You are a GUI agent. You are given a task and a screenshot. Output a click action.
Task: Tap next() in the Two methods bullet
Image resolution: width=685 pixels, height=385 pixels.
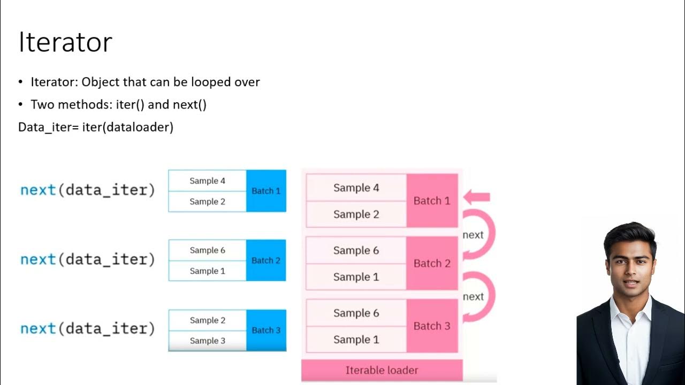click(x=189, y=104)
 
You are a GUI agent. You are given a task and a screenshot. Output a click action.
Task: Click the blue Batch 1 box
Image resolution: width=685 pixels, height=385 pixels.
click(x=266, y=191)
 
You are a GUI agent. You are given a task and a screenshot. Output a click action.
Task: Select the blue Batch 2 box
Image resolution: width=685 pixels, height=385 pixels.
click(x=266, y=260)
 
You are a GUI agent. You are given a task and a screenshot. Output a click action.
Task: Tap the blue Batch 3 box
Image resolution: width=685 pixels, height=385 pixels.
click(x=266, y=330)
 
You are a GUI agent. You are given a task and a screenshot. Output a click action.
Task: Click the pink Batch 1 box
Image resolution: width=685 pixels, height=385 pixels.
click(x=432, y=201)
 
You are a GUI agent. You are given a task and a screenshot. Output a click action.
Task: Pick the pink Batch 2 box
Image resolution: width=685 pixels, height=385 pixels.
click(x=432, y=264)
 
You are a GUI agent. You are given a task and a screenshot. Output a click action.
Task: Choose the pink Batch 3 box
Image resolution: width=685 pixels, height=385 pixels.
click(x=432, y=326)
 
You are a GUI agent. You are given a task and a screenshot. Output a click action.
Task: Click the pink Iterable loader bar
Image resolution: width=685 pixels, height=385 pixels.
click(x=382, y=370)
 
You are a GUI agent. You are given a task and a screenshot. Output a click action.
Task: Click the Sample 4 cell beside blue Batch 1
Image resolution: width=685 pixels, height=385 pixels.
click(x=207, y=181)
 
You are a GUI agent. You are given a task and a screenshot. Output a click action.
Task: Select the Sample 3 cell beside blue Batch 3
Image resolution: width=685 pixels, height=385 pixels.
click(x=207, y=341)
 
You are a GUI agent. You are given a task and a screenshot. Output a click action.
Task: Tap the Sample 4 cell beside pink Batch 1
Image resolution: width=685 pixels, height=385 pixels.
click(x=356, y=188)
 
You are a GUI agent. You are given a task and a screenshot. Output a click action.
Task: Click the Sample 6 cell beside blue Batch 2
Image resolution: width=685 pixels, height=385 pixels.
click(x=207, y=250)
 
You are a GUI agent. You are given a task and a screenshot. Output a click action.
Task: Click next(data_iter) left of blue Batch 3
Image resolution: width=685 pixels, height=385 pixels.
click(x=87, y=329)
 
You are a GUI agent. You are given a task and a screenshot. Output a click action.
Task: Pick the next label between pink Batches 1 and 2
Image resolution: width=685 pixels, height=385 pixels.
click(x=473, y=235)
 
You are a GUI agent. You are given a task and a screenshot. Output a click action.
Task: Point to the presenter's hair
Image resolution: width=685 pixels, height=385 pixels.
click(x=629, y=235)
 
